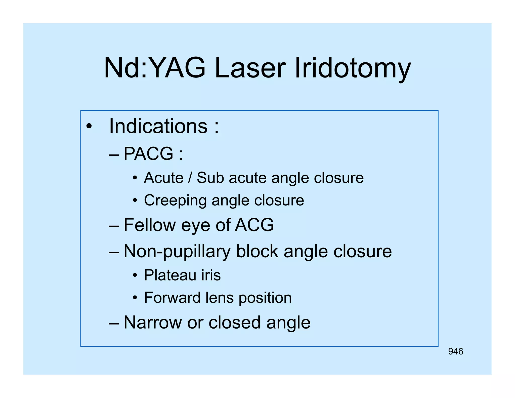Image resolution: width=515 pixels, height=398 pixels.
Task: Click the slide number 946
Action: (455, 351)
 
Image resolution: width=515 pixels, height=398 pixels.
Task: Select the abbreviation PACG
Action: (148, 153)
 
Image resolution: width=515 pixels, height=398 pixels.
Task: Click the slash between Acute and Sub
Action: (190, 178)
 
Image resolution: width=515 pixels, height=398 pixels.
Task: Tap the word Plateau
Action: (170, 275)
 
